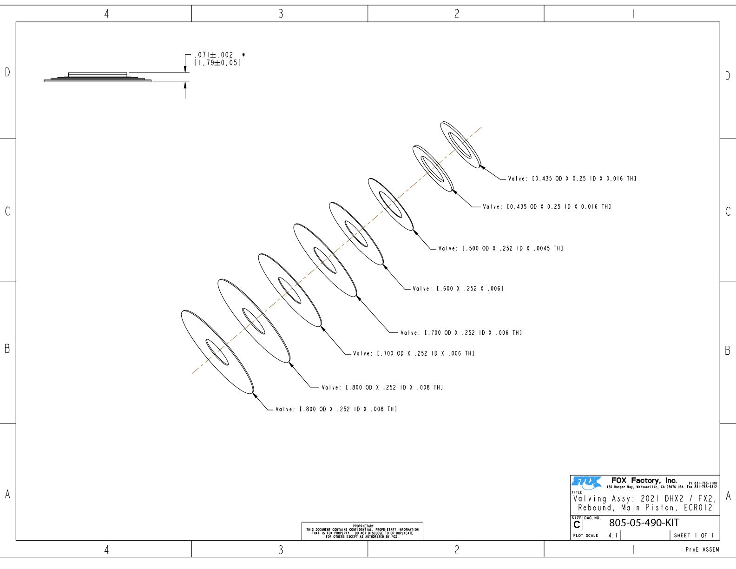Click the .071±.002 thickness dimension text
(x=214, y=55)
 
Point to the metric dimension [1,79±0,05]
(x=217, y=63)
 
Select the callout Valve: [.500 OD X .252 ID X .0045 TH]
(x=500, y=248)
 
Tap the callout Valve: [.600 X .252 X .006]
(x=458, y=289)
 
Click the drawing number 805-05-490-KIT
(x=644, y=523)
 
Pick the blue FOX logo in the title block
(x=586, y=483)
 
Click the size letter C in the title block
(x=577, y=525)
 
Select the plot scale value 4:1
(x=613, y=536)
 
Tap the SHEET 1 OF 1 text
(x=694, y=536)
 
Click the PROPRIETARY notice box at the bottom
(x=362, y=531)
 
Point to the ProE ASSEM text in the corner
(x=702, y=549)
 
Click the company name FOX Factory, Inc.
(x=644, y=481)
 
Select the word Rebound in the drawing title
(x=595, y=508)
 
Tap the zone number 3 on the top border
(x=281, y=13)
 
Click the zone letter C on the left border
(x=7, y=211)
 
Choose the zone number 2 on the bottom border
(x=457, y=549)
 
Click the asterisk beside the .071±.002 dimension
(x=243, y=54)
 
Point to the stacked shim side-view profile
(x=98, y=77)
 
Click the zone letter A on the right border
(x=728, y=496)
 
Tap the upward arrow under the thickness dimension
(x=185, y=90)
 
